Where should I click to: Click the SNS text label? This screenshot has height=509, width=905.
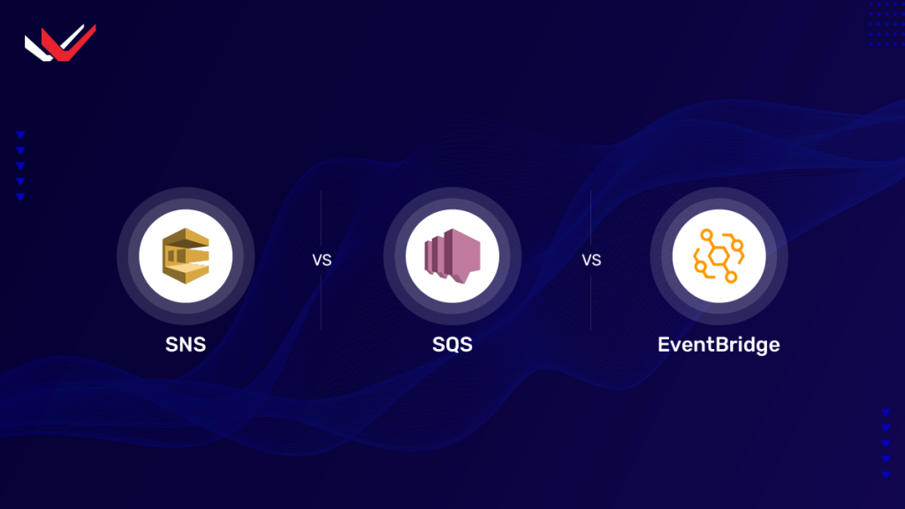[186, 345]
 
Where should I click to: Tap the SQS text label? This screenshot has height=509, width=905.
[452, 345]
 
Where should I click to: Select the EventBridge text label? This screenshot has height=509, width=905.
[719, 345]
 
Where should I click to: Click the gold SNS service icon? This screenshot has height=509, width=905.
[186, 257]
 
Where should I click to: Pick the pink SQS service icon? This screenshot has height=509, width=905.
[452, 257]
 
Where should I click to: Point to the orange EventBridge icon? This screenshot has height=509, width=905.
[718, 257]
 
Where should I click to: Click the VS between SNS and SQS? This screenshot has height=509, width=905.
[321, 262]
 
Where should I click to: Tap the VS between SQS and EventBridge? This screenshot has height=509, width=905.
[590, 262]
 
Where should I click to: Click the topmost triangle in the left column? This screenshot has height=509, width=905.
[20, 134]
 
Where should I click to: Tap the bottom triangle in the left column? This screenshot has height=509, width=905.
[20, 197]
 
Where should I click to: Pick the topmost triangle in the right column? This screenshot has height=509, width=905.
[886, 412]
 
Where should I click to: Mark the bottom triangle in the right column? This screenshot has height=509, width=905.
[886, 475]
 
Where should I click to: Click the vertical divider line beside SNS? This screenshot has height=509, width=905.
[321, 221]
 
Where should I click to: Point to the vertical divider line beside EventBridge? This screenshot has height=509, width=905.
[590, 221]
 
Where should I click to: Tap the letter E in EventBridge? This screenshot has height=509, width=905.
[664, 345]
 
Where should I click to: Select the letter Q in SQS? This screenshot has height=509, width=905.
[452, 346]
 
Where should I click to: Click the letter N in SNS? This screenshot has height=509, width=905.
[186, 345]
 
